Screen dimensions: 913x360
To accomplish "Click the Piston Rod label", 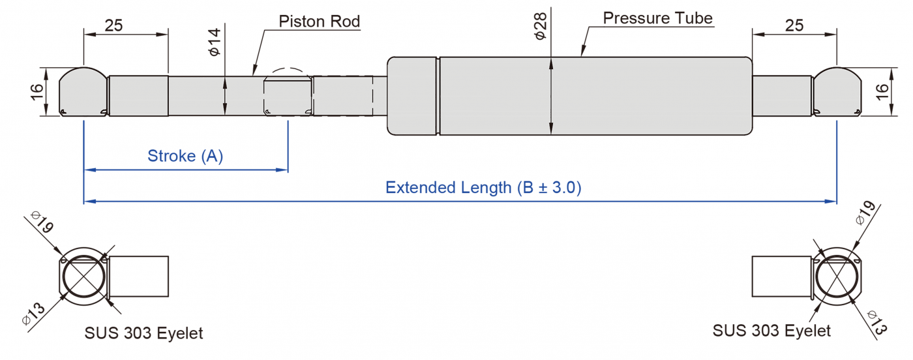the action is (319, 22).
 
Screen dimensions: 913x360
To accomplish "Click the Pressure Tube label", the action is (657, 18).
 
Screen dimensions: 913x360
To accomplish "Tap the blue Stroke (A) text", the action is (185, 156).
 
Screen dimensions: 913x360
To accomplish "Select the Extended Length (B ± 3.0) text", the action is (483, 188).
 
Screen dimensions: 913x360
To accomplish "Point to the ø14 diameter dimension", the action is (214, 42).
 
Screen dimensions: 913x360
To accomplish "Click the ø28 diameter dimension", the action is (540, 26).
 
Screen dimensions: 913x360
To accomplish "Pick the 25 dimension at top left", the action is (113, 25).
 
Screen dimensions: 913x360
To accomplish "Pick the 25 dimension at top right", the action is (794, 25).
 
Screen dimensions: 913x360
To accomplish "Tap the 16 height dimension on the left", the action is (37, 92).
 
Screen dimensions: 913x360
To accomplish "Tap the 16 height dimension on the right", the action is (882, 92).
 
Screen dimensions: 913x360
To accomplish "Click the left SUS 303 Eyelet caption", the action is (143, 333).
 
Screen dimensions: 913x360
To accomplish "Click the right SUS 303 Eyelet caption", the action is (771, 331).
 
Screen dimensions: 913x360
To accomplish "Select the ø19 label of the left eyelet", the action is (43, 222).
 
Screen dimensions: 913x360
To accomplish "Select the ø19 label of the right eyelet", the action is (866, 213).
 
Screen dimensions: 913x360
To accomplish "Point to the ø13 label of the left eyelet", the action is (33, 314).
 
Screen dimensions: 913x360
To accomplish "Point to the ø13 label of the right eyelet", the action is (876, 323).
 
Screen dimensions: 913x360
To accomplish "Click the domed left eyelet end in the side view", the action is (83, 92).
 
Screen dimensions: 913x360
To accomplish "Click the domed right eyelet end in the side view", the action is (837, 92).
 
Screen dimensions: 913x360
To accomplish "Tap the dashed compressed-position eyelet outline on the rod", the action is (288, 92).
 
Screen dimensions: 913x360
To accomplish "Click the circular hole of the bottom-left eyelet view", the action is (84, 277).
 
